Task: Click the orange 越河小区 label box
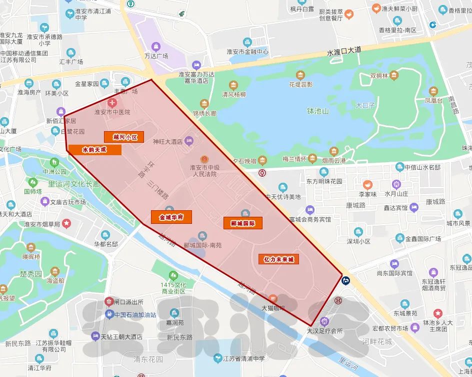pos(124,137)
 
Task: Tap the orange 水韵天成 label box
pos(94,149)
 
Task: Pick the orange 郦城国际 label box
pos(242,223)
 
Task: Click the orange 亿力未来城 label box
pos(278,259)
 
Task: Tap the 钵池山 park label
pos(318,111)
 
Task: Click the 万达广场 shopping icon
pos(156,47)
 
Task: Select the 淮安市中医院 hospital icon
pos(113,103)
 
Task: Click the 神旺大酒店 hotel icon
pos(189,141)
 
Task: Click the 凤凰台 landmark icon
pos(433,91)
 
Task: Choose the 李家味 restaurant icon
pos(367,184)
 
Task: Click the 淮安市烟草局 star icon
pos(66,224)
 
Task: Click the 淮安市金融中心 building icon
pos(246,43)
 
